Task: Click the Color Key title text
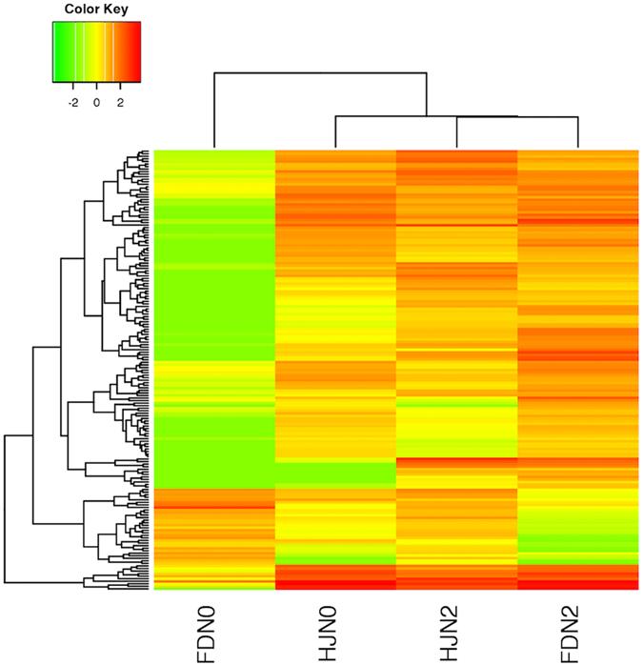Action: click(96, 10)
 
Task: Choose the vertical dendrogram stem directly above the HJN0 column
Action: click(335, 132)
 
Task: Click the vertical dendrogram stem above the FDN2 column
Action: click(578, 132)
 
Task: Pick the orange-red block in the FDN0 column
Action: click(214, 498)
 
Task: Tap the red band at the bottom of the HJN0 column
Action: click(335, 577)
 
